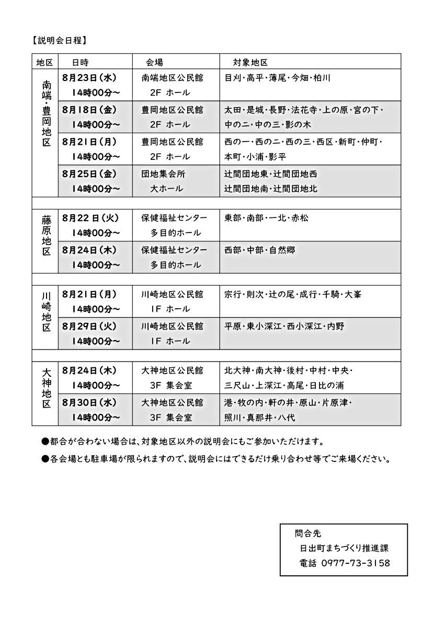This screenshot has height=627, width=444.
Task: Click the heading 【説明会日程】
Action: point(58,40)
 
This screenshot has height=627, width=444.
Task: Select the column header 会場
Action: point(154,62)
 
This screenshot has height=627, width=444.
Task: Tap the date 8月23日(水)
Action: point(88,78)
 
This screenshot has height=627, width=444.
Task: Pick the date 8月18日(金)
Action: point(88,110)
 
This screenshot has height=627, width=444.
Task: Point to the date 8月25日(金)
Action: point(88,173)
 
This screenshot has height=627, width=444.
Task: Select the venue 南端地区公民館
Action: point(172,78)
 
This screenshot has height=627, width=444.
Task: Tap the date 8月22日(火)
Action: point(89,218)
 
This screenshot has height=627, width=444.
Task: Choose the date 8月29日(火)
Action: point(88,327)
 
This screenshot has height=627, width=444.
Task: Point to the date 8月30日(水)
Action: point(88,403)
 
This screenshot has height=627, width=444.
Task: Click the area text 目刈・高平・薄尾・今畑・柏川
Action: point(277,78)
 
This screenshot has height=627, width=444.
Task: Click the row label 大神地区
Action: point(47,389)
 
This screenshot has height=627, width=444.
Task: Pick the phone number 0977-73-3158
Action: point(352,563)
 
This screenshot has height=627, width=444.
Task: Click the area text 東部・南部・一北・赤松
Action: point(266,218)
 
